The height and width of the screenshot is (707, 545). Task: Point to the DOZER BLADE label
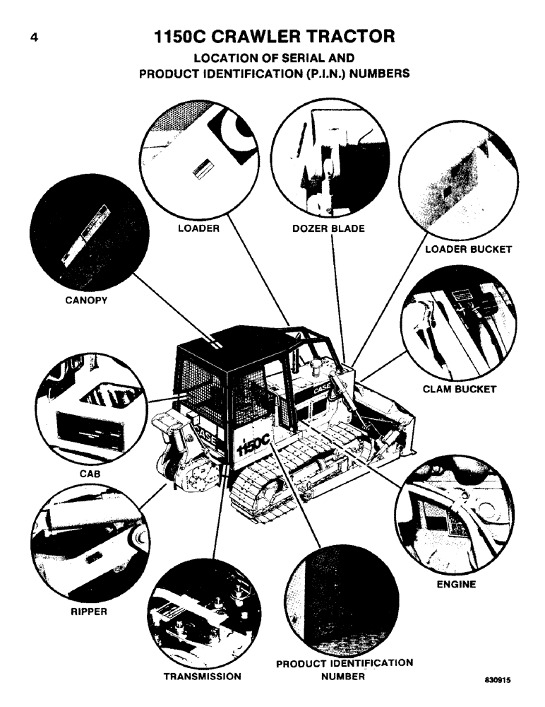[x=328, y=229]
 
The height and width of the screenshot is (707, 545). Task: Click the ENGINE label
[x=456, y=584]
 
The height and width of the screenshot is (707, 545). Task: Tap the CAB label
[x=90, y=475]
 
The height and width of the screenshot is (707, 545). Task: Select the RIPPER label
[x=88, y=612]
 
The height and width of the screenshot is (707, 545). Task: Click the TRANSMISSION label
[x=203, y=676]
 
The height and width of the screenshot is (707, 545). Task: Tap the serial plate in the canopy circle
[x=83, y=233]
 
